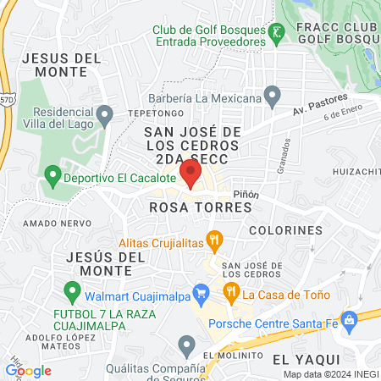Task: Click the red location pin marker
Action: tap(190, 174)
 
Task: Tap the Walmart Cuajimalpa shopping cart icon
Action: tap(202, 296)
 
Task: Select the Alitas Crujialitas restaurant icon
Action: tap(216, 240)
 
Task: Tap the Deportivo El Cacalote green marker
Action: tap(52, 179)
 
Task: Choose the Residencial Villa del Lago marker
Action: tap(104, 113)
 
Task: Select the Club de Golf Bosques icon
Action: tap(276, 35)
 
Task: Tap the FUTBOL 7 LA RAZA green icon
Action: tap(72, 296)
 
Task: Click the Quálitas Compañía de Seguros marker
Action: tap(187, 344)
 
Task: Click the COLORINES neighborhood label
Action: tap(286, 229)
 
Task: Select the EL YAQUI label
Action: tap(300, 359)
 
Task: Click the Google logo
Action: tap(29, 370)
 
